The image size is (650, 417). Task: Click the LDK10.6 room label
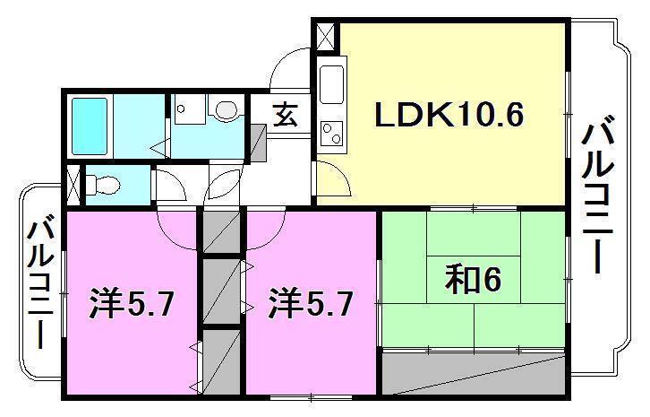[447, 116]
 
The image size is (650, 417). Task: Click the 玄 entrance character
[286, 115]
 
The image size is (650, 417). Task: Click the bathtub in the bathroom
[90, 126]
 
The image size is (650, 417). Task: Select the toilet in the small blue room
[103, 185]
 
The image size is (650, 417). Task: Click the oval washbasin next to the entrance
[227, 109]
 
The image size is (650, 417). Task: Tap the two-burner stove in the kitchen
[331, 132]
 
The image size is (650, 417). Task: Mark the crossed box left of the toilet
[72, 185]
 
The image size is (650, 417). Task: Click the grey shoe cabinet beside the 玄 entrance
[257, 141]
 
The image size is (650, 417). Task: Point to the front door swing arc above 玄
[291, 67]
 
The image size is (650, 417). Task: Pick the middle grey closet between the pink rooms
[221, 291]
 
